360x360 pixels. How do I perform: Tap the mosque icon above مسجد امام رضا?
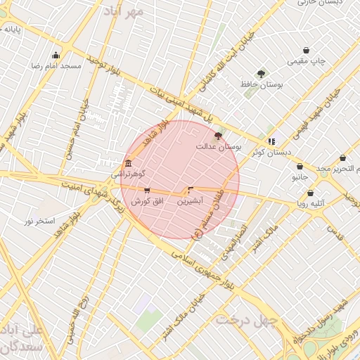tap(56, 56)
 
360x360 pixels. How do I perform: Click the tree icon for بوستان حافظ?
tap(261, 73)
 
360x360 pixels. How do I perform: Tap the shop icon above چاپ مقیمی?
tap(306, 51)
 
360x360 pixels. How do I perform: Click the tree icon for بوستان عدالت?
tap(217, 136)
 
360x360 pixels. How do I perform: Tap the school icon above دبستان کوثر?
tap(271, 141)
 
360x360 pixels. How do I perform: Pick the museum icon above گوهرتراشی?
tap(127, 163)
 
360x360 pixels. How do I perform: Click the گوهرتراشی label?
tap(128, 173)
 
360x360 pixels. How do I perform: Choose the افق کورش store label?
tap(148, 201)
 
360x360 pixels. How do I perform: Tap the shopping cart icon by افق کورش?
tap(146, 190)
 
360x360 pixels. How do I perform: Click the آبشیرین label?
tap(190, 200)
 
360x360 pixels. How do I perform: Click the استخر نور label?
tap(40, 221)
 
